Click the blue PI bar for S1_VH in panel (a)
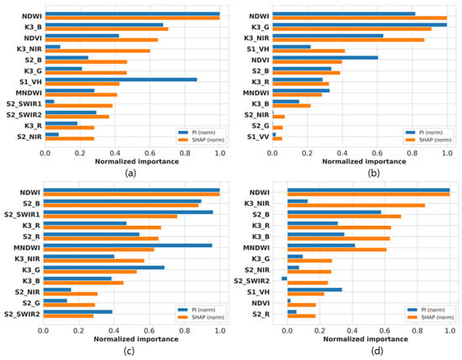[x=121, y=80]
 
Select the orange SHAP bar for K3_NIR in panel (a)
[x=97, y=51]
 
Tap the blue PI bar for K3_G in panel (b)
[x=360, y=24]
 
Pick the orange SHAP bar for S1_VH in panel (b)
[x=309, y=51]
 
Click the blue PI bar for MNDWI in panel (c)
[x=128, y=246]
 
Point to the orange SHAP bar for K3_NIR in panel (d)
[x=356, y=206]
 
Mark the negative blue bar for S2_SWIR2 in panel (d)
[x=284, y=279]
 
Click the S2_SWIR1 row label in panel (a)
[x=24, y=104]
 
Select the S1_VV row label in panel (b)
[x=258, y=137]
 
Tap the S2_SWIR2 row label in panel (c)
[x=22, y=314]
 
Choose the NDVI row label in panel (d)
[x=260, y=303]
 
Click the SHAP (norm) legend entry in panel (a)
[x=202, y=140]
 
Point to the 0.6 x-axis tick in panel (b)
[x=377, y=154]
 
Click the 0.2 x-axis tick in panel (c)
[x=78, y=331]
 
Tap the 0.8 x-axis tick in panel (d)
[x=417, y=331]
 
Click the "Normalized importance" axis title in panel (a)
[x=137, y=162]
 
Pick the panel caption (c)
[x=129, y=351]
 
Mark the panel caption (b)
[x=374, y=173]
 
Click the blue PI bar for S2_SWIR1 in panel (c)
[x=129, y=212]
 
